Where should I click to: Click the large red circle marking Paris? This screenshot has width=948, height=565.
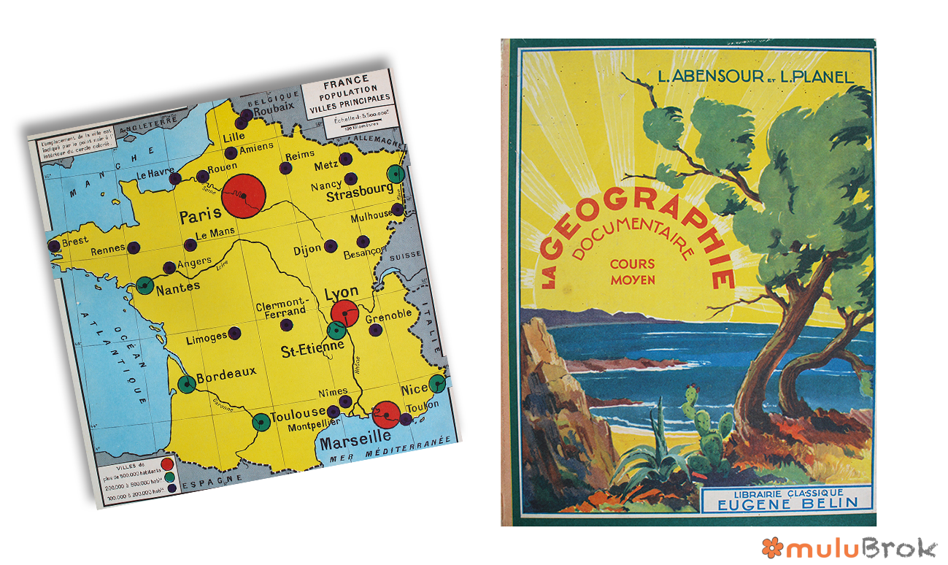point(242,196)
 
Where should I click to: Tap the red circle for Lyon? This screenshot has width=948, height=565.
point(344,312)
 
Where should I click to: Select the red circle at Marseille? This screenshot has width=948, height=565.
point(386,414)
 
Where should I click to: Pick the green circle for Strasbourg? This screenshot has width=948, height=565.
point(396,174)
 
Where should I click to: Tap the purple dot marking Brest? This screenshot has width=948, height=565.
point(54,247)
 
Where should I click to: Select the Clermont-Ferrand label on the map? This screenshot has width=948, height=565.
point(282,307)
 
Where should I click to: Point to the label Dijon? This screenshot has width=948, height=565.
point(307,249)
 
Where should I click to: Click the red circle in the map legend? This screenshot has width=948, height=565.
point(167,462)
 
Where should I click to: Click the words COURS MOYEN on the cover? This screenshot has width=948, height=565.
point(632,272)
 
